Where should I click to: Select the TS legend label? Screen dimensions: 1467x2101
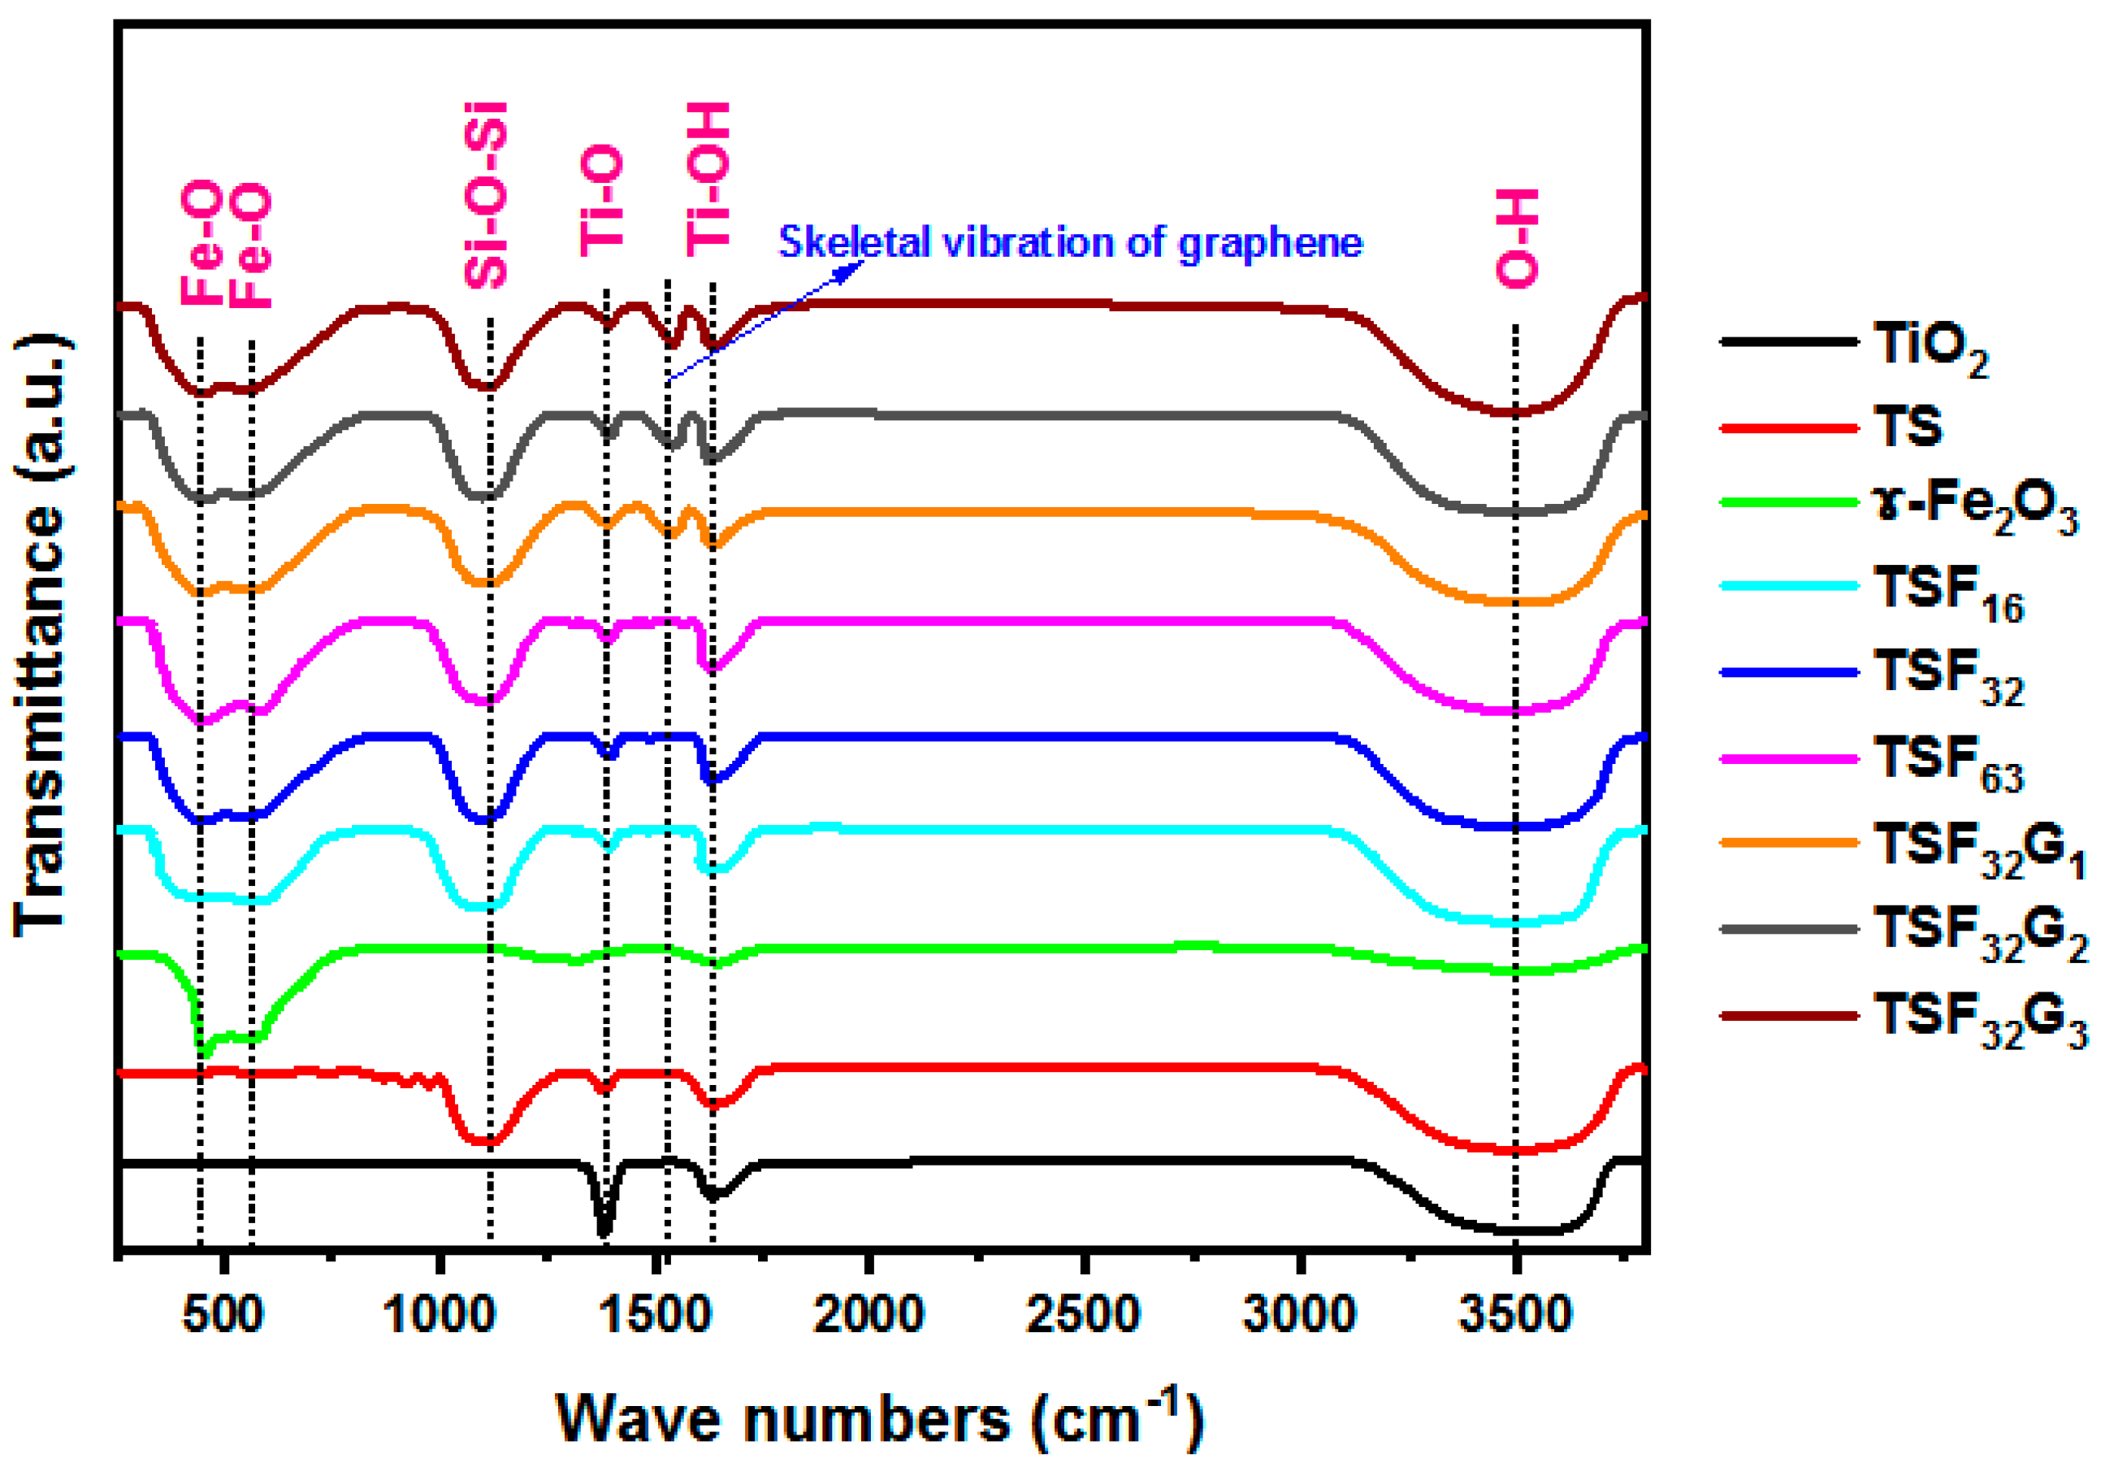tap(1908, 426)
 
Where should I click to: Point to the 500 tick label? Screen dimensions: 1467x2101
tap(223, 1314)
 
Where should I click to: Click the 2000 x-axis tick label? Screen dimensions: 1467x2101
tap(869, 1314)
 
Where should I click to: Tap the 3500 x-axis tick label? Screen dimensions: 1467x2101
tap(1515, 1314)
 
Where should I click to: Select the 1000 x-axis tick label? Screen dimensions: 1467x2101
tap(440, 1314)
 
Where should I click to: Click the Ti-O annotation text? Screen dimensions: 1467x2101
tap(603, 199)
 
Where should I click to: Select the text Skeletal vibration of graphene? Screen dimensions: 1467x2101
tap(1070, 242)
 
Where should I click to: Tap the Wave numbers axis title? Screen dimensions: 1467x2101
tap(878, 1419)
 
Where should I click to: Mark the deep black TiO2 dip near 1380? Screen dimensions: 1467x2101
tap(603, 1229)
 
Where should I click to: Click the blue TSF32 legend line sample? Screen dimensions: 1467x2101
tap(1789, 673)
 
